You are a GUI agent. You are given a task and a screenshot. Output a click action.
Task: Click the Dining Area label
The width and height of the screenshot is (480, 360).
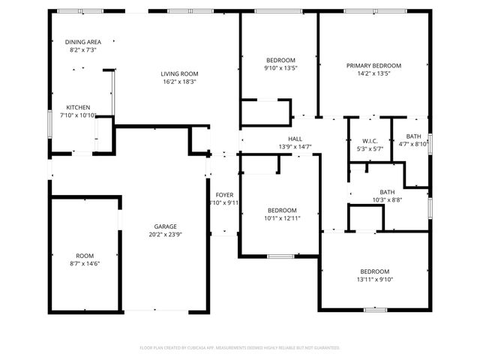(83, 42)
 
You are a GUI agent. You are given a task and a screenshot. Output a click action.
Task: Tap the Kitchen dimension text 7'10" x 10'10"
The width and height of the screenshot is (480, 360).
(82, 115)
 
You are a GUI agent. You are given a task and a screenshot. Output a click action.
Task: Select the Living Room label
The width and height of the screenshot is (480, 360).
(178, 73)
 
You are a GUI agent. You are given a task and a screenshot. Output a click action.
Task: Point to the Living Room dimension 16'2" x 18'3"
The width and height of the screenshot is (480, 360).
(178, 82)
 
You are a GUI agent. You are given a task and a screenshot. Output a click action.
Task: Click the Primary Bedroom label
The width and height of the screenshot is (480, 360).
(373, 65)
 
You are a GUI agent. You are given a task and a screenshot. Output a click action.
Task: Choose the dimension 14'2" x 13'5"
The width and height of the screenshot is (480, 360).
(373, 73)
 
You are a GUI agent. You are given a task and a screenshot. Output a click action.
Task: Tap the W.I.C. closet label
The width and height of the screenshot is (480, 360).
(369, 141)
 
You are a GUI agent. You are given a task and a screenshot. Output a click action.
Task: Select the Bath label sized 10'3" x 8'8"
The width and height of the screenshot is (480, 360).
(387, 192)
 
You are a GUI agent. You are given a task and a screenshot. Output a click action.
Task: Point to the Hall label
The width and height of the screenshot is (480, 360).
(295, 139)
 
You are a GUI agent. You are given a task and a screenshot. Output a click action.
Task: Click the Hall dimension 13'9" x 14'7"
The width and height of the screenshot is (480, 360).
(295, 147)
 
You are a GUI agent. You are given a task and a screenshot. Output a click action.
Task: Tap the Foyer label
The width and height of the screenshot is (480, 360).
(225, 194)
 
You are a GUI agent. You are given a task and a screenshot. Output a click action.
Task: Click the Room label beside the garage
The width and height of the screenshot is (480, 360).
(85, 256)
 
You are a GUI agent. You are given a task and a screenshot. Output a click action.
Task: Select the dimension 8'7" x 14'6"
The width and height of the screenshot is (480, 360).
(85, 264)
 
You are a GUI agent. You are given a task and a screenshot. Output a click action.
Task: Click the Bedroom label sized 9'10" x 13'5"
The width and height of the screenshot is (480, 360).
(281, 60)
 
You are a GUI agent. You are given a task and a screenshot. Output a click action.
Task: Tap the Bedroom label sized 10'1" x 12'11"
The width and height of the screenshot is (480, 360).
(281, 210)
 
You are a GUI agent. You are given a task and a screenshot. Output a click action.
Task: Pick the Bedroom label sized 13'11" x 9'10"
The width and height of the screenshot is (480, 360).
(374, 271)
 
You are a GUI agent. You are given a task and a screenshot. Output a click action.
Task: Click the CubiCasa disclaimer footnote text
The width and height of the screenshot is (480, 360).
(240, 348)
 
